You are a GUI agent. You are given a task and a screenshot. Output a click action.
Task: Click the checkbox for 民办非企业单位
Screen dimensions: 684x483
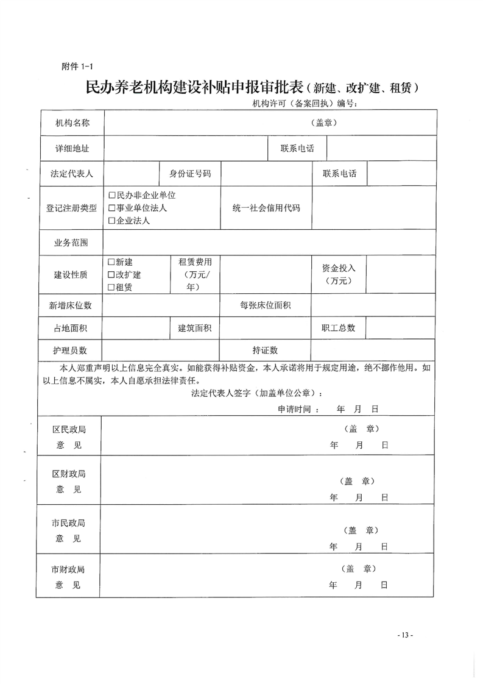pos(111,195)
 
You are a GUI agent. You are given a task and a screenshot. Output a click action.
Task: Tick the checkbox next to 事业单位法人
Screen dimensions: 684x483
pos(111,208)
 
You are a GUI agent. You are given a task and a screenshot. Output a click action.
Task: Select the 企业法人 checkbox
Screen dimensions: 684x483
pos(111,221)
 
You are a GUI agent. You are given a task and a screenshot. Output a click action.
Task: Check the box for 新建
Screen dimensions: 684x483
pos(111,262)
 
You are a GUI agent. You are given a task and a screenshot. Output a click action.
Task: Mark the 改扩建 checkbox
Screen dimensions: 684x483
pos(111,274)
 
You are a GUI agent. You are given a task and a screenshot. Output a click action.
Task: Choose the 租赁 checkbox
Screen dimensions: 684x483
pos(111,287)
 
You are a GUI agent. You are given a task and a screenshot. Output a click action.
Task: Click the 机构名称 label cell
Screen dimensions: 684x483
pos(72,123)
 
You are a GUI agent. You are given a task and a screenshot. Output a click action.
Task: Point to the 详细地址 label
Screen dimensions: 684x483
pos(72,148)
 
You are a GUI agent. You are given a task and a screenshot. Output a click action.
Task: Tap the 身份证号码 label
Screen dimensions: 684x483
pos(189,174)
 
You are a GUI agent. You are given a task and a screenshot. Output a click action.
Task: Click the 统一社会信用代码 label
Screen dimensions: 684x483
pos(266,208)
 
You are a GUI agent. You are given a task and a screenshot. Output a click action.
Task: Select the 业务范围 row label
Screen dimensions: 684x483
pos(72,242)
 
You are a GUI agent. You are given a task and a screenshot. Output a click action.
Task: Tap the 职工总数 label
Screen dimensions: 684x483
pos(339,327)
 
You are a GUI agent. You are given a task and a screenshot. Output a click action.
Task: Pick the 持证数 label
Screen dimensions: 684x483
pos(265,350)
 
